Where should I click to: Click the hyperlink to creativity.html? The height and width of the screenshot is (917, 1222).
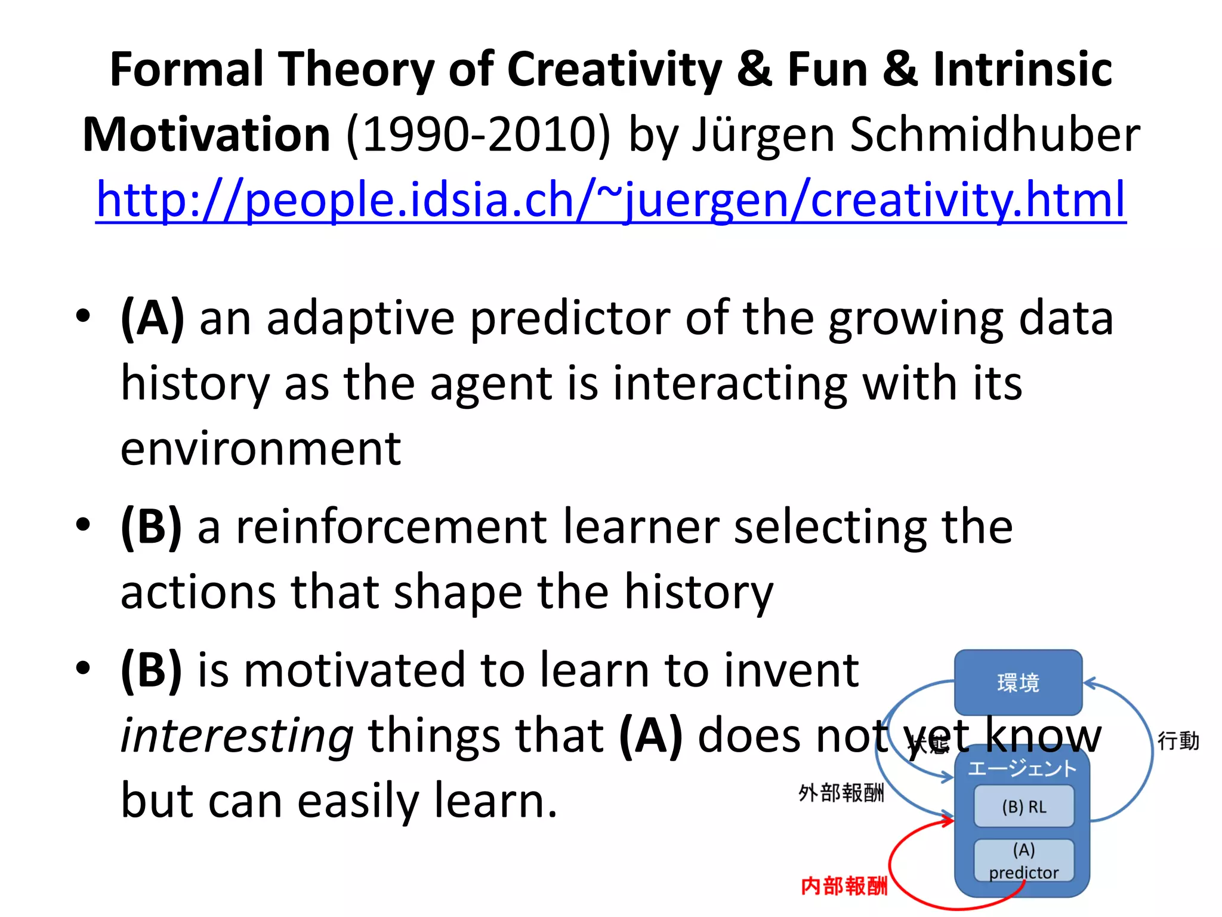click(x=611, y=200)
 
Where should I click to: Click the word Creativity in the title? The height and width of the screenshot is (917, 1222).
click(x=614, y=70)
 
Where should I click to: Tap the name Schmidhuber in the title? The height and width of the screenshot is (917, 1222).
click(x=995, y=135)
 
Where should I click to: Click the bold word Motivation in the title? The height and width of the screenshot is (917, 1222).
click(x=206, y=135)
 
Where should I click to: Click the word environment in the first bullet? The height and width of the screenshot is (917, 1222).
click(x=261, y=449)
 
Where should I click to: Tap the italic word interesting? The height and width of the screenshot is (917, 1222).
click(x=237, y=736)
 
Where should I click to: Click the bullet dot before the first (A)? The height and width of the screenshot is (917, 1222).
click(x=83, y=315)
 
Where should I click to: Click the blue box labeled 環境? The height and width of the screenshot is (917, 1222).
click(x=1018, y=682)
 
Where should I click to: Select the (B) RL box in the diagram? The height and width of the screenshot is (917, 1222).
click(x=1024, y=807)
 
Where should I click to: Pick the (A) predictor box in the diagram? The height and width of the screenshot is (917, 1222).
click(x=1024, y=860)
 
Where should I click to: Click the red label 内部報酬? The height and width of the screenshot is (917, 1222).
click(x=844, y=886)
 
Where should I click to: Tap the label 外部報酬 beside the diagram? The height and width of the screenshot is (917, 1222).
click(x=841, y=793)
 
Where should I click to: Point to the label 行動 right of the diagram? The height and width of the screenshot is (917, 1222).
click(x=1178, y=741)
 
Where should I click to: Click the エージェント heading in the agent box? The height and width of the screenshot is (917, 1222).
click(x=1022, y=768)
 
